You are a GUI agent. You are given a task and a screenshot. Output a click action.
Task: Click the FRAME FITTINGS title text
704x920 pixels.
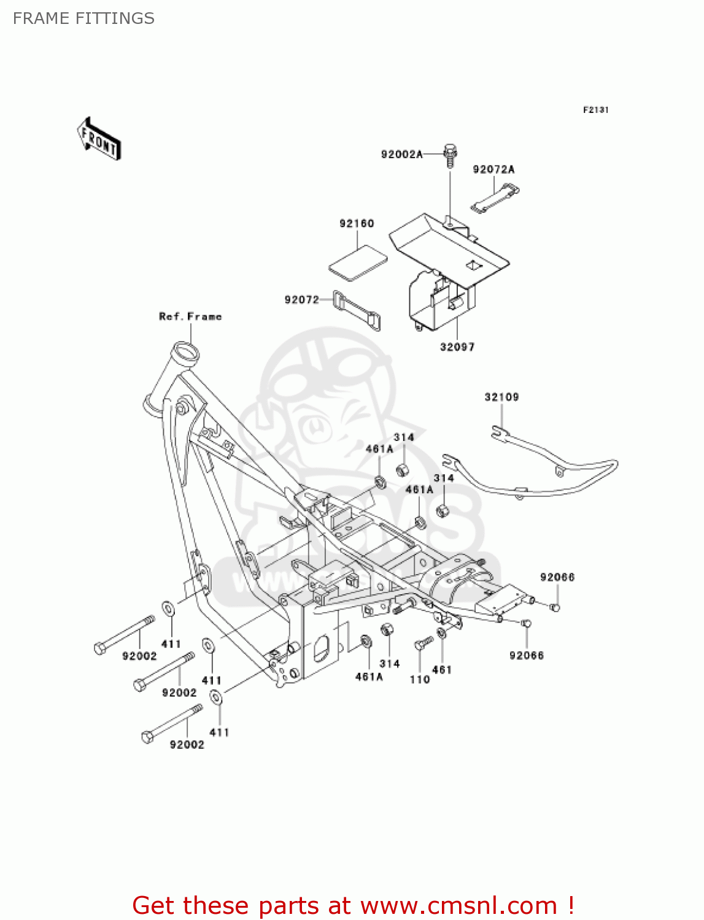pos(83,18)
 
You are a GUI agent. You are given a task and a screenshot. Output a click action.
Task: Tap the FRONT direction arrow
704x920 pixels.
pos(99,139)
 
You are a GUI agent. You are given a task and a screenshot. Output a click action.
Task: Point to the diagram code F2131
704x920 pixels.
pos(595,110)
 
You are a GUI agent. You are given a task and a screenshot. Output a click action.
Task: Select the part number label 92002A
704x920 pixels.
pos(401,155)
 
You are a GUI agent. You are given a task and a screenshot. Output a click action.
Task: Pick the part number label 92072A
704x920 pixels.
pos(493,169)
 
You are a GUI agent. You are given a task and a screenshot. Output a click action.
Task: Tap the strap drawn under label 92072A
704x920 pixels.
pos(495,200)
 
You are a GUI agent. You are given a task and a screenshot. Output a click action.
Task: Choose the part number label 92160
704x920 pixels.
pos(357,223)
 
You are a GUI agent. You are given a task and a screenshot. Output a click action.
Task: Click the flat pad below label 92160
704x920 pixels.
pos(358,263)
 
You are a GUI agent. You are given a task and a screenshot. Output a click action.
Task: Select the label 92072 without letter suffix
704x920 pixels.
pos(301,299)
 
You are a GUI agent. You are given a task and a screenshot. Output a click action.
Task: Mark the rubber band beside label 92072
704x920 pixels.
pos(357,310)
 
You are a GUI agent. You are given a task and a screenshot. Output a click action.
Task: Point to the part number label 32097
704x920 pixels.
pos(457,347)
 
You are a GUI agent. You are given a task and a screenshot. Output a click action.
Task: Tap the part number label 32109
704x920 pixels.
pos(501,397)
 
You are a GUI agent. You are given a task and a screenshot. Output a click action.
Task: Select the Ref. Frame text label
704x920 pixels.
pos(190,316)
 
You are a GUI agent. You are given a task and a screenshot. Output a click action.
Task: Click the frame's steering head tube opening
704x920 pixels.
pos(185,353)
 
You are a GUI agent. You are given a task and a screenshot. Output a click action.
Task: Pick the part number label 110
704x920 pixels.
pos(419,679)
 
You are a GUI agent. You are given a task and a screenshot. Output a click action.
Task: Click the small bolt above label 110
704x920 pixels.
pos(423,643)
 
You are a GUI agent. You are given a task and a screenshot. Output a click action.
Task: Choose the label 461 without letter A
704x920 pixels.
pos(442,670)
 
